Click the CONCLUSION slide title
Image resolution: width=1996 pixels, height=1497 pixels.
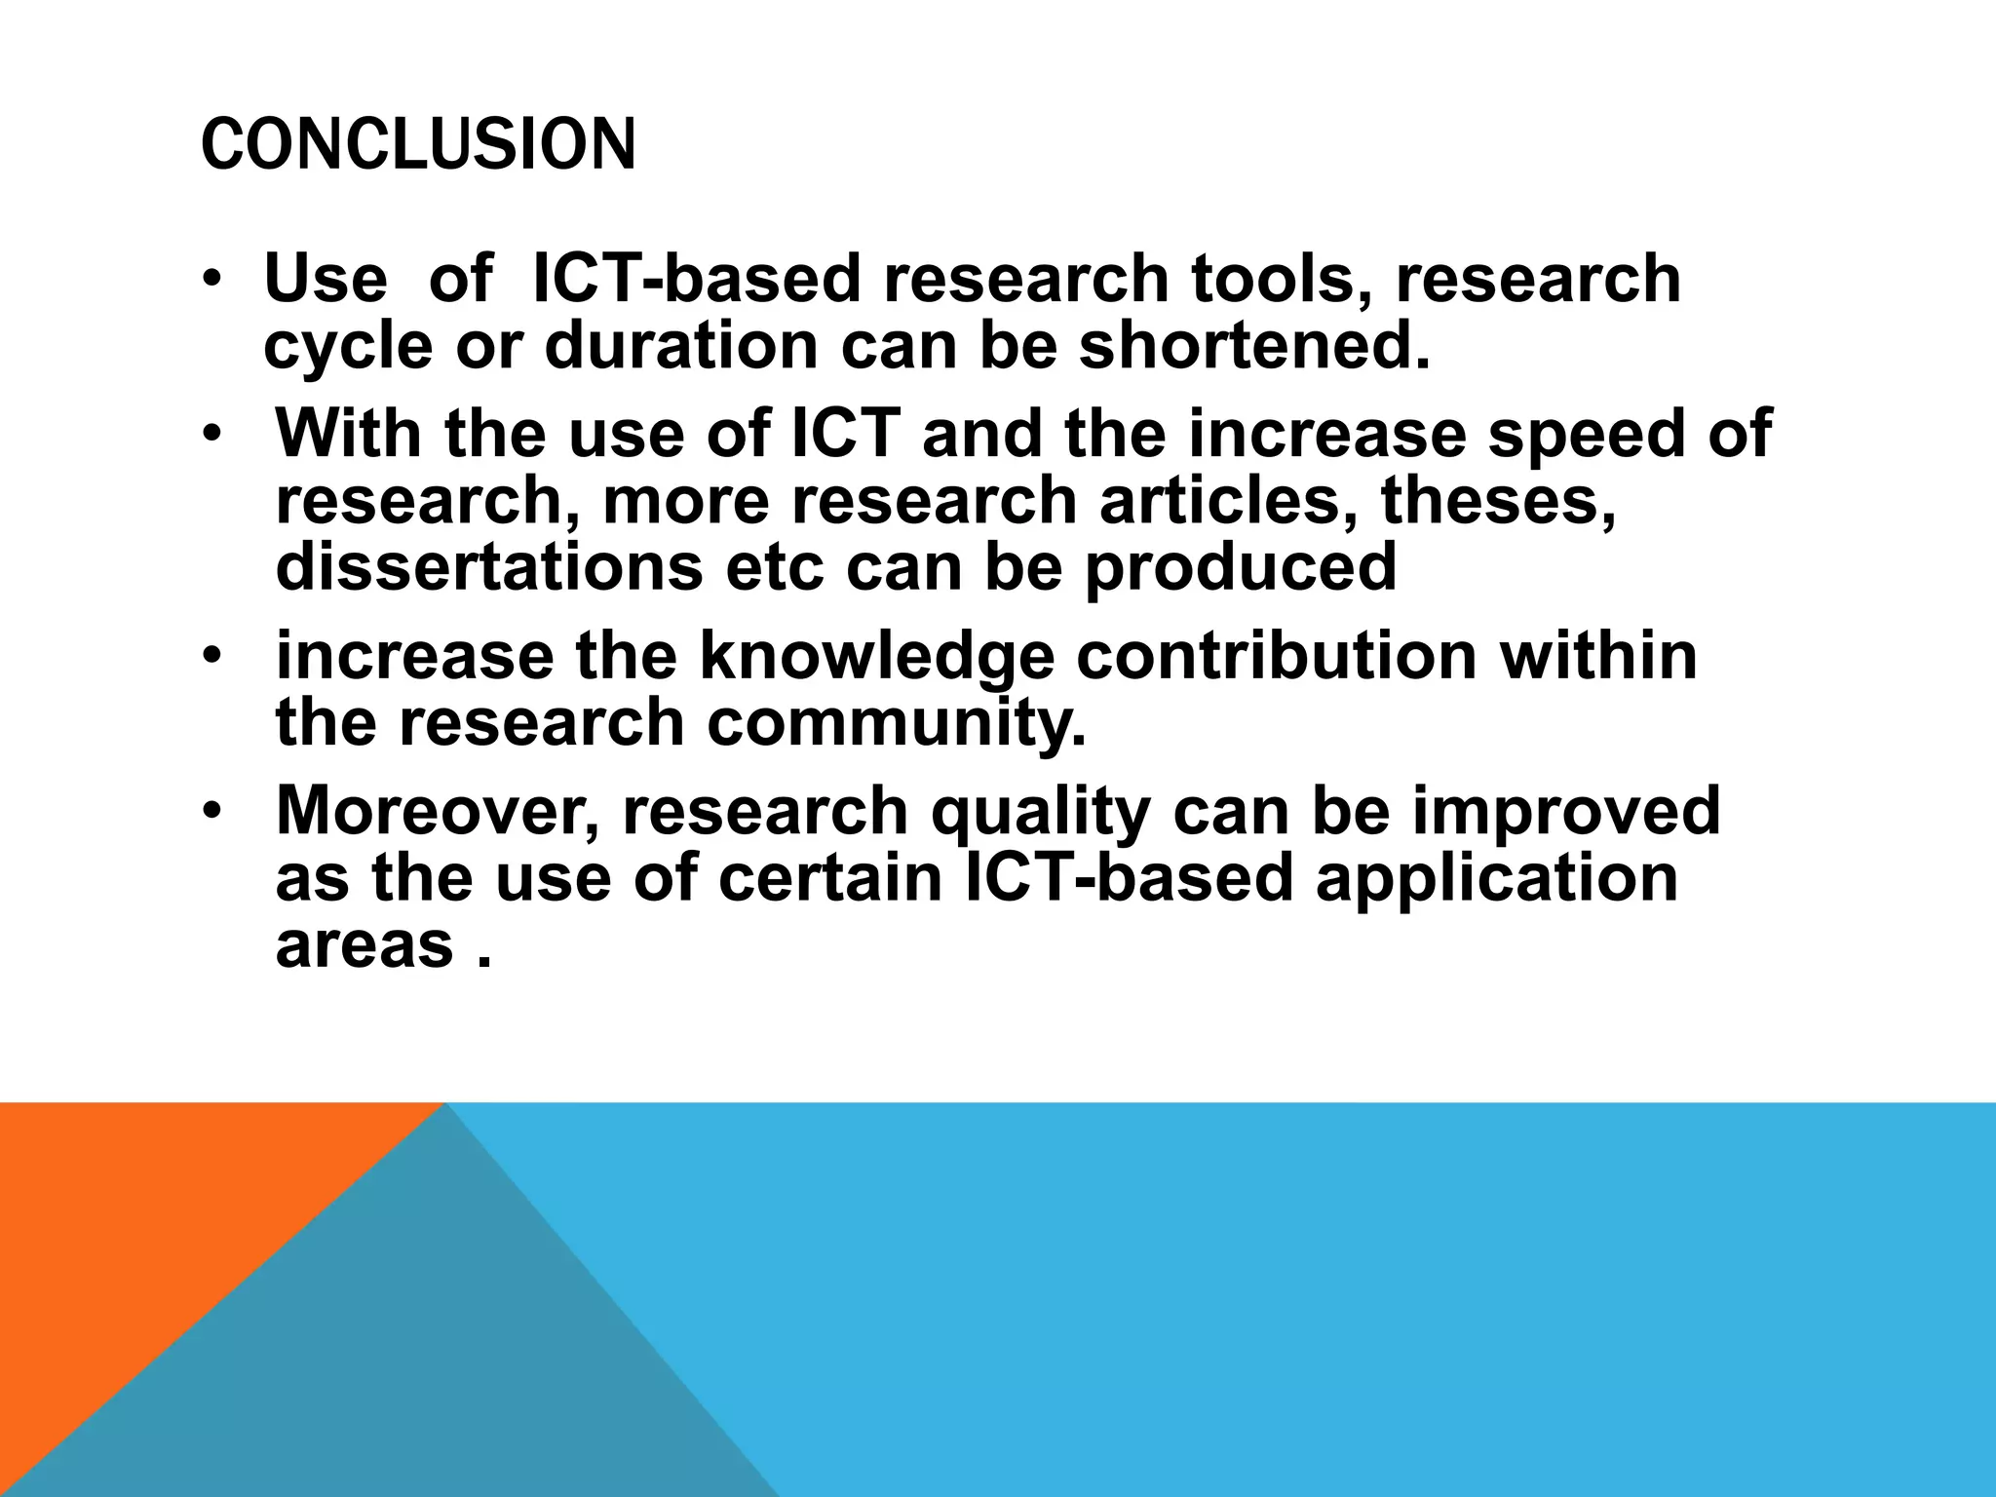418,144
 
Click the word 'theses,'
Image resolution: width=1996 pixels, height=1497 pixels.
1498,502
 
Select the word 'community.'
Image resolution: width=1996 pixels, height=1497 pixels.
896,724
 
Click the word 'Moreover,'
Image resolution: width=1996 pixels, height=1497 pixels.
438,811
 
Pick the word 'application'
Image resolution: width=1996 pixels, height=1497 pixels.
1495,879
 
